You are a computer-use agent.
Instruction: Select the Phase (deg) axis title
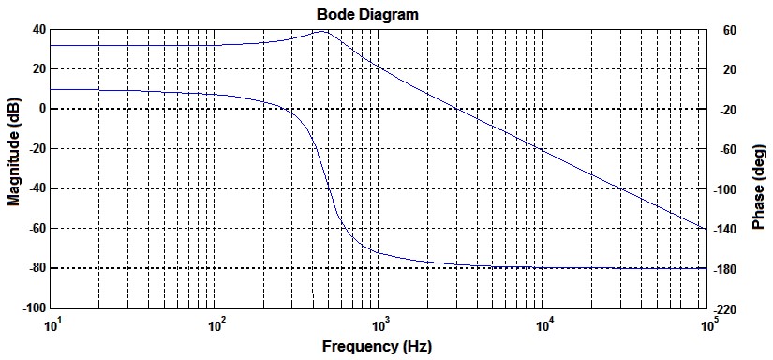761,169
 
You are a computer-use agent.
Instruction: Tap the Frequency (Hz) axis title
377,346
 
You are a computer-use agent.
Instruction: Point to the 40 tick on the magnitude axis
38,29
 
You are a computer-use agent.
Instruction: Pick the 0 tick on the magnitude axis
41,109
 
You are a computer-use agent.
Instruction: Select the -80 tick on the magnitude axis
36,268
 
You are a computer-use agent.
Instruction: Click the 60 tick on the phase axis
726,31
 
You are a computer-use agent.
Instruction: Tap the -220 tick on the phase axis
729,309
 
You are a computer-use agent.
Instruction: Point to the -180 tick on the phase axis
729,270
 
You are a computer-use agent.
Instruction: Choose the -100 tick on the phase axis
729,190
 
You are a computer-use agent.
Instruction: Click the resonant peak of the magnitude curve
323,31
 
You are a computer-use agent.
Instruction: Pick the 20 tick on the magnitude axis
38,69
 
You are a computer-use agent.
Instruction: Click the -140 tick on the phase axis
729,230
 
